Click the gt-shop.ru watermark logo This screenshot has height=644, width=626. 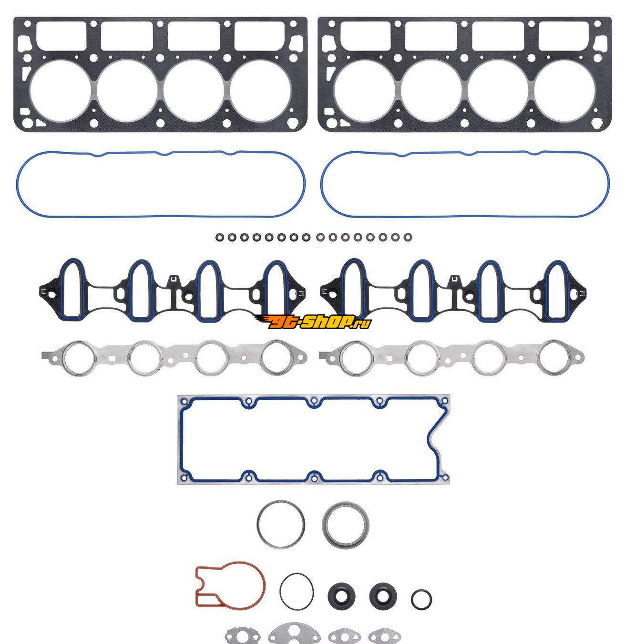tap(313, 322)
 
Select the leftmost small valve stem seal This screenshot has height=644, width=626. tap(220, 237)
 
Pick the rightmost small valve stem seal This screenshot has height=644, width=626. tap(408, 237)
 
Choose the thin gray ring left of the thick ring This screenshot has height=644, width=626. tap(258, 524)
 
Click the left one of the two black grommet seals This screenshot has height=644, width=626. tap(341, 596)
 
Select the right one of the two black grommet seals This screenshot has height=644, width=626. tap(383, 596)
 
